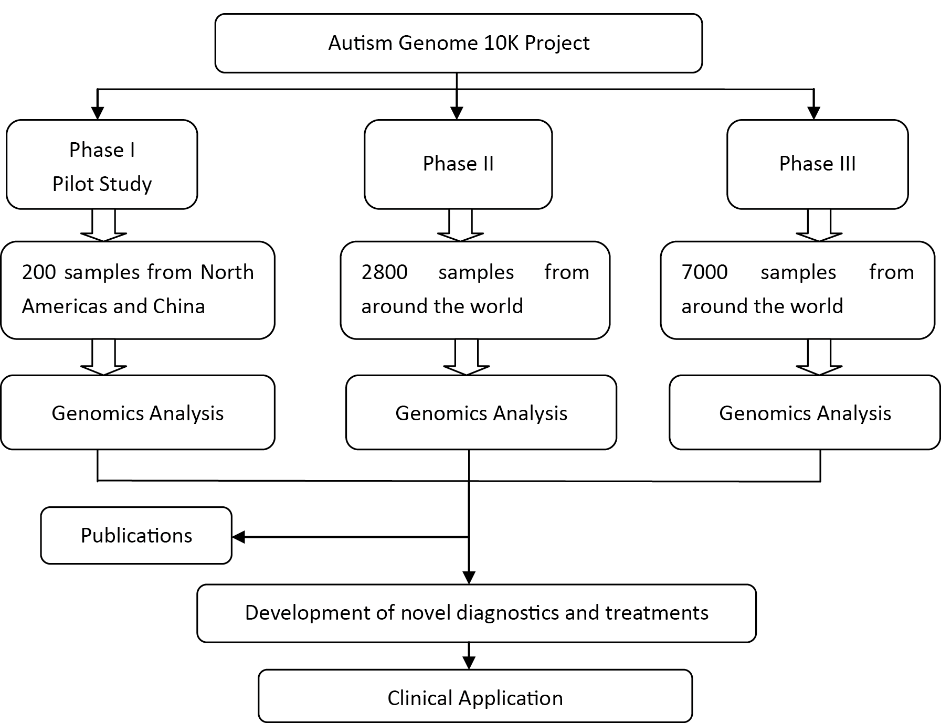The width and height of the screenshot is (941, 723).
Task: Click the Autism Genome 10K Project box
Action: coord(458,43)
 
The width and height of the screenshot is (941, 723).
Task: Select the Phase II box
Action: coord(458,164)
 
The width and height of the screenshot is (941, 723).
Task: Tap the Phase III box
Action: coord(817,164)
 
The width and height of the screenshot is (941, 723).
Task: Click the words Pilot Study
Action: coord(102,184)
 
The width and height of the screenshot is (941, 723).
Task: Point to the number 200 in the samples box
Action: coord(39,272)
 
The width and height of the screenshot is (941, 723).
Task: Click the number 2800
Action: coord(384,272)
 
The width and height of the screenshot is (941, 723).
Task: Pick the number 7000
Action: coord(704,272)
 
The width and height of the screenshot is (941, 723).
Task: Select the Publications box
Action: coord(136,536)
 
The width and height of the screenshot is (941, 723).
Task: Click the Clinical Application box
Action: coord(475,698)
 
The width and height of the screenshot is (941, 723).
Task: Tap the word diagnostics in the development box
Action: coord(508,613)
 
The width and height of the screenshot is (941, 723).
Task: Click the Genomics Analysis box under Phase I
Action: coord(138,413)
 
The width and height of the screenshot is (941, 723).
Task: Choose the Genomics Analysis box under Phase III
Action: coord(805,413)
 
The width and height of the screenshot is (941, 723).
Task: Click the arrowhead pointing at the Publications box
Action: coord(239,537)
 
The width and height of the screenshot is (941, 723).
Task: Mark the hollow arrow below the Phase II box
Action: coord(460,226)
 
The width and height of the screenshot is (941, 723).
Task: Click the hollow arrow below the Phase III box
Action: coord(819,226)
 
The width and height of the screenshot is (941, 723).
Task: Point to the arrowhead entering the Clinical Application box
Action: coord(469,663)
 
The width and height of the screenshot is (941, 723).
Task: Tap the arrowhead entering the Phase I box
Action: coord(97,113)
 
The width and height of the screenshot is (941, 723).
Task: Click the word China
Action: coord(178,306)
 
